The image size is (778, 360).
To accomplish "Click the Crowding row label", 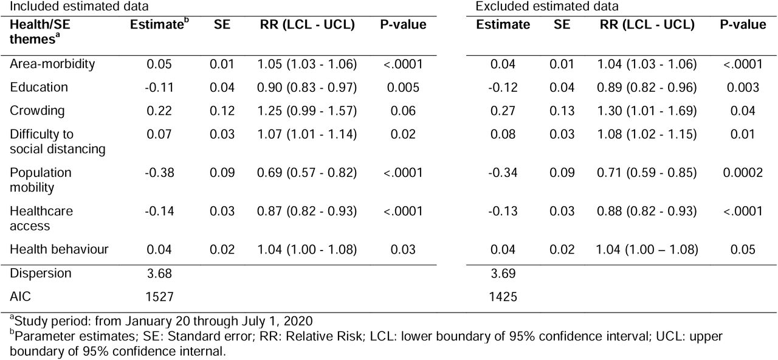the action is pos(37,111).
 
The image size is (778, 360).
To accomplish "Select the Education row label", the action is pos(39,87).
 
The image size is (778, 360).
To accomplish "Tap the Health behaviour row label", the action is pos(59,249).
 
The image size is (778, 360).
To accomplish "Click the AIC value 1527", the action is pos(159,297).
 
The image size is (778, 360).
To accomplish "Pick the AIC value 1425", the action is pos(503,297).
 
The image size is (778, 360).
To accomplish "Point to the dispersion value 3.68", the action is pos(159,274).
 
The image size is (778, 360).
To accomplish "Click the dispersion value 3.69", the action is pos(503,274).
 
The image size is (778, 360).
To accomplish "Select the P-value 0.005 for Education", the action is pos(403,87).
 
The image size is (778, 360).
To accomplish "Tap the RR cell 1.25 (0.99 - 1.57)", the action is pos(307,111).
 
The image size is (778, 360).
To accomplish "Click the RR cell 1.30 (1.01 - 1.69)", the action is pos(647,111).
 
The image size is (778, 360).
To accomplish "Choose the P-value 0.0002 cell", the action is pos(743,173).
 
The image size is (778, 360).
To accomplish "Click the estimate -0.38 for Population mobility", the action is pos(159,173).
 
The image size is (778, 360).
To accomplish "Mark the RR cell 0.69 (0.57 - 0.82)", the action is pos(307,173).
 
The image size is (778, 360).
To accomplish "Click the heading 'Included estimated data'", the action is pos(79,6).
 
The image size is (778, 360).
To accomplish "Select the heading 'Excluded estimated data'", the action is pos(546,6).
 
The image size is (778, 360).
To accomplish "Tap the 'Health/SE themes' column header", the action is pos(40,32).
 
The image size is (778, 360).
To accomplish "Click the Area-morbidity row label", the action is pos(52,64).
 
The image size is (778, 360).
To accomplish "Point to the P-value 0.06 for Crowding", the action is pos(403,111).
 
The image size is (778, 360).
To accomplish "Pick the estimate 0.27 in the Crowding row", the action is pos(503,111).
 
